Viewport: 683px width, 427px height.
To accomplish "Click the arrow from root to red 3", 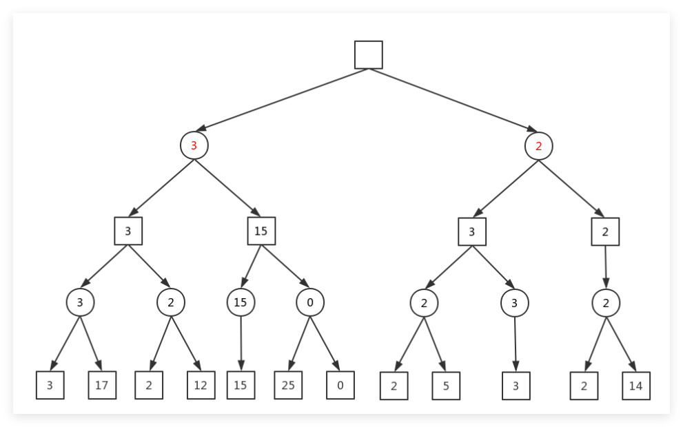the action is click(283, 100).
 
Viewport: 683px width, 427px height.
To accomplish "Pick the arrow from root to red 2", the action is click(453, 100).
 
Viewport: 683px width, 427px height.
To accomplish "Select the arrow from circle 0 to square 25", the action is click(299, 344).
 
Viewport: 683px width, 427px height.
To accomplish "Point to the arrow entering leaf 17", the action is click(91, 344).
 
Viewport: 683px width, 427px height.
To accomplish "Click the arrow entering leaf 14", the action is click(621, 344).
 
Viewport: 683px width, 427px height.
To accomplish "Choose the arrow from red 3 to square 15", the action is click(227, 188).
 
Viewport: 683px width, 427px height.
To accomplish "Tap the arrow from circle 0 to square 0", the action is click(325, 344).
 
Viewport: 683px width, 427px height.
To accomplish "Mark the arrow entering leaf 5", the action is click(435, 345).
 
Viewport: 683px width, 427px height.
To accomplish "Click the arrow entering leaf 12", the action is click(186, 344).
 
